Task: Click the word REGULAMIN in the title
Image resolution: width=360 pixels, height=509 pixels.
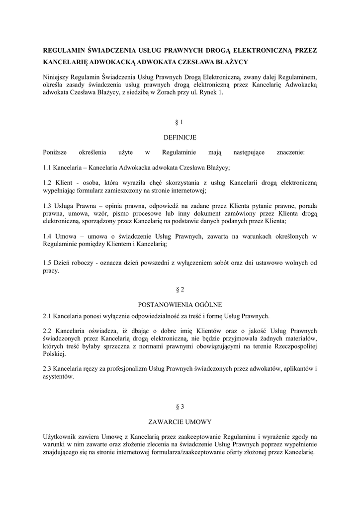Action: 64,50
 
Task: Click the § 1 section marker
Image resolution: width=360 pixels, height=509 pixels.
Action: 180,122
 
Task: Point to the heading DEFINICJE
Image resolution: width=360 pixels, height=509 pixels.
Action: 180,137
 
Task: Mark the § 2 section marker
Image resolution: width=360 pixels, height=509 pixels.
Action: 180,289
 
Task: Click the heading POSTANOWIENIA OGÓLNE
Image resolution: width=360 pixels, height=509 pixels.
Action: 180,304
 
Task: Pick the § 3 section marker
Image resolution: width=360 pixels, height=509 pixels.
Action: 180,407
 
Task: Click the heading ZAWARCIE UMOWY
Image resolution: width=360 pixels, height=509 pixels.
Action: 180,422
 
